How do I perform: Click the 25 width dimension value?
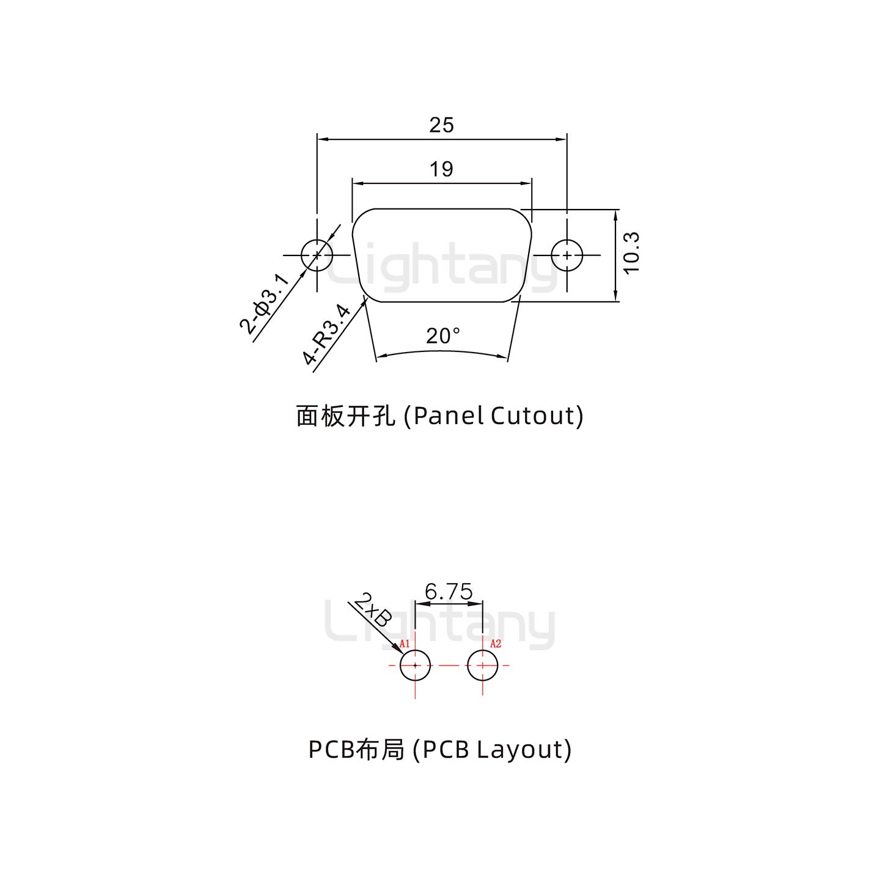click(441, 125)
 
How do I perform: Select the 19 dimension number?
click(441, 169)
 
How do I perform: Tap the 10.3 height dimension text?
click(631, 253)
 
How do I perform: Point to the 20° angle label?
click(443, 336)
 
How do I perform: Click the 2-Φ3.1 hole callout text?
click(264, 304)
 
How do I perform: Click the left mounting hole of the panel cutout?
click(317, 255)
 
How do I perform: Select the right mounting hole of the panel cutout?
click(567, 255)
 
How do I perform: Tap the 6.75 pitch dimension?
click(449, 592)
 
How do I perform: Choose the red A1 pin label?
click(404, 643)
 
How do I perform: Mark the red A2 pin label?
click(496, 643)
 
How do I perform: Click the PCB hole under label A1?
click(416, 665)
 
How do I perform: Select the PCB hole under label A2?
click(483, 665)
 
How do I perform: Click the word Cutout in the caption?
click(533, 416)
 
